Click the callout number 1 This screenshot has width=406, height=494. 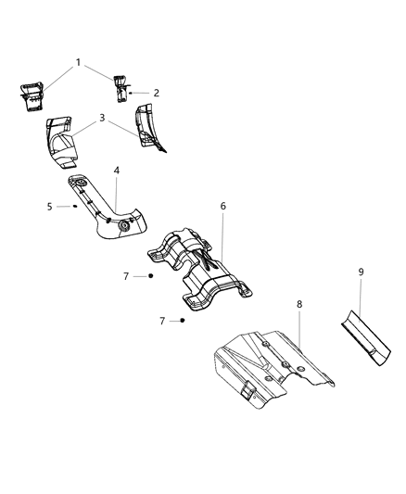coord(78,63)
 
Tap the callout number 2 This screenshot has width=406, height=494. coord(156,93)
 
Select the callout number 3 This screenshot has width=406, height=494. coord(102,118)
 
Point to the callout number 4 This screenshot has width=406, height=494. coord(117,171)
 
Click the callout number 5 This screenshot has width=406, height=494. coord(50,206)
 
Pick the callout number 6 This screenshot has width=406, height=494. coord(222,206)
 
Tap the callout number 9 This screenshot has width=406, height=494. coord(361,273)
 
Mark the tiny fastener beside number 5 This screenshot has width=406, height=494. coord(74,207)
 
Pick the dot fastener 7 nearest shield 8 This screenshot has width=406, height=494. coord(184,320)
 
